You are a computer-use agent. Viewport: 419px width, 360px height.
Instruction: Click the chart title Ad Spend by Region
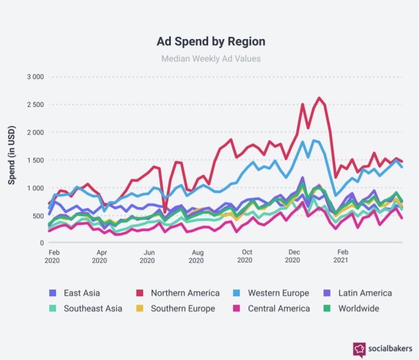(210, 42)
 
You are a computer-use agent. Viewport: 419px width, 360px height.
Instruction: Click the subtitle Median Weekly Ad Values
(210, 58)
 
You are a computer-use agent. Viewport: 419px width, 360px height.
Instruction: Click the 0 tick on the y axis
(41, 243)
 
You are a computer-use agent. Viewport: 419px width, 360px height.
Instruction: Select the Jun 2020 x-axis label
(148, 256)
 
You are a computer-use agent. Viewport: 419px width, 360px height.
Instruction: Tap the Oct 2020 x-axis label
(245, 256)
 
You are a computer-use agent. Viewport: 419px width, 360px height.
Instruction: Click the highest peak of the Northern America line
(319, 98)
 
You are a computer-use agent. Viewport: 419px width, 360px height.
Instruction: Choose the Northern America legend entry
(179, 293)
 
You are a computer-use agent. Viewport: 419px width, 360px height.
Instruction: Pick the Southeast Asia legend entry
(85, 309)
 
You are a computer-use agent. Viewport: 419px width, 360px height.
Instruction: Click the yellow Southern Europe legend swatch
(140, 309)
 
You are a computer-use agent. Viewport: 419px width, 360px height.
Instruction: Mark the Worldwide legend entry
(352, 309)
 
